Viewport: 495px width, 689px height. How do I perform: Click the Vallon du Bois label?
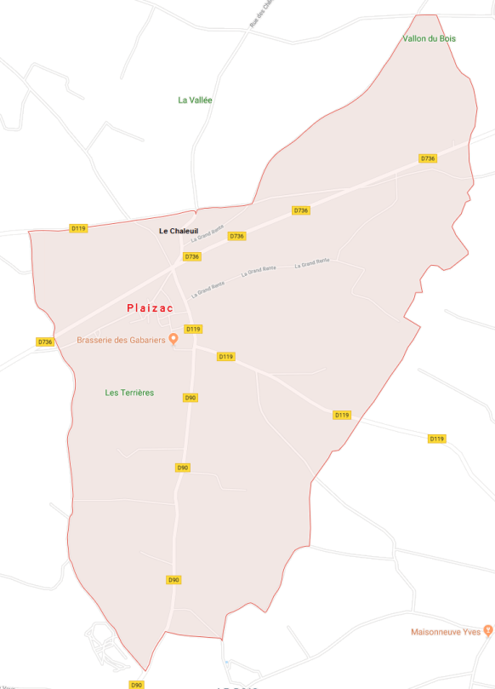coord(429,38)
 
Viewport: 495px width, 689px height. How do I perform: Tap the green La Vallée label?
coord(195,100)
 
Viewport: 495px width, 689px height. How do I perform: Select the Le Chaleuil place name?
coord(178,231)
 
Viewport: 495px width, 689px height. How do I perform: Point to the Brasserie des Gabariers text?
coord(122,340)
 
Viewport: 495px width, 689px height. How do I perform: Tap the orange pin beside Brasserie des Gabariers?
coord(174,339)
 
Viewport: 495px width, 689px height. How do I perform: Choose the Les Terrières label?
coord(129,393)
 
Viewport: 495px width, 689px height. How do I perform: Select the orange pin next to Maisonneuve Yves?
coord(487,630)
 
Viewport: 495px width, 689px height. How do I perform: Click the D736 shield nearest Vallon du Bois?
coord(428,158)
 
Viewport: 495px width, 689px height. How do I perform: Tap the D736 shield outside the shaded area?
coord(45,342)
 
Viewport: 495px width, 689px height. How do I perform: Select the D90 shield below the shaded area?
coord(136,685)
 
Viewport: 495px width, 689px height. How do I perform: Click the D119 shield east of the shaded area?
coord(436,439)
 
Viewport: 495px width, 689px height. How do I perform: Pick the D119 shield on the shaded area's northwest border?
coord(78,228)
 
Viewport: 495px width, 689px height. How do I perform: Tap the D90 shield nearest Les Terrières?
coord(191,398)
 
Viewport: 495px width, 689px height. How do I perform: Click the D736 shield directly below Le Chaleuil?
coord(192,256)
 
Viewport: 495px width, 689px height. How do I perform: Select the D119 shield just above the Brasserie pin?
coord(193,329)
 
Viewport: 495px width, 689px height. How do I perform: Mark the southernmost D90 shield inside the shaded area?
coord(174,580)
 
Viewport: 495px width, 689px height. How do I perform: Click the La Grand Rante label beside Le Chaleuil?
coord(208,233)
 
